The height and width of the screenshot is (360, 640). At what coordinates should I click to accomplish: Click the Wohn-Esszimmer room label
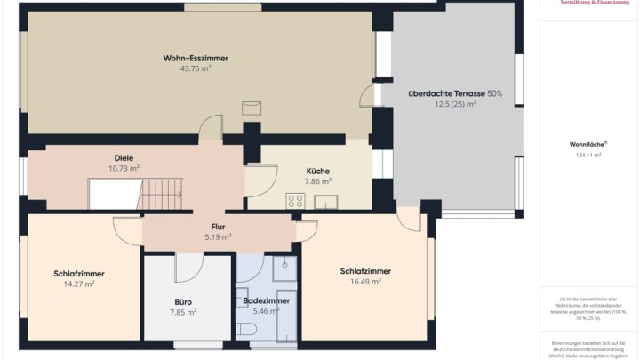pos(196,58)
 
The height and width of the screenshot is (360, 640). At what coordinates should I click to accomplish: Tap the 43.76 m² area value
pos(196,68)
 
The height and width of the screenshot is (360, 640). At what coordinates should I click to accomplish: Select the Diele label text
pos(124,157)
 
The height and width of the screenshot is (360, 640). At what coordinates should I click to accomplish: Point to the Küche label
pos(317,171)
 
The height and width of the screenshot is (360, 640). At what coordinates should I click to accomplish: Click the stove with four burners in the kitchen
pos(295,201)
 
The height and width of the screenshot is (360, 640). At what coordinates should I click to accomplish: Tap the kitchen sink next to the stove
pos(325,202)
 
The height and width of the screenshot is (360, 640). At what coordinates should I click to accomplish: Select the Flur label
pos(218,227)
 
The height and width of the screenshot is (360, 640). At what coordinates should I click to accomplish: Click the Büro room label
pos(183,301)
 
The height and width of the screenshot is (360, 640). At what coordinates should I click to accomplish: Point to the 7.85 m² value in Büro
pos(183,312)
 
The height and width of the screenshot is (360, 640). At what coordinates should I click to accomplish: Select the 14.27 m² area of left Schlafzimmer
pos(80,284)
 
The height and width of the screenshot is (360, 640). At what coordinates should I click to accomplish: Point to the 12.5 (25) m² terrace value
pos(455,104)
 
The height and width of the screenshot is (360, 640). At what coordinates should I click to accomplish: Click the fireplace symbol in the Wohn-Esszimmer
pos(252,108)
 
